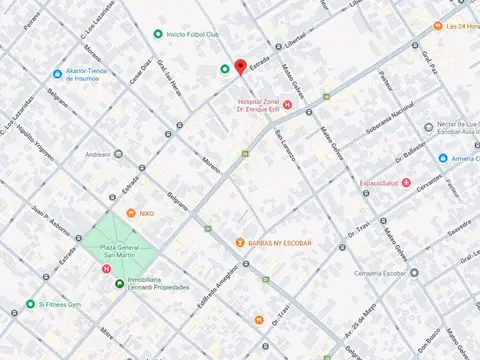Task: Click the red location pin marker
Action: pos(240,67)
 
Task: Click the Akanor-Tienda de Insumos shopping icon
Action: pos(58,73)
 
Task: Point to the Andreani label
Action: pos(97,155)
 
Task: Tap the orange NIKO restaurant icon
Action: pos(131,213)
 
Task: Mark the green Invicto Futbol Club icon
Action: pos(158,35)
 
